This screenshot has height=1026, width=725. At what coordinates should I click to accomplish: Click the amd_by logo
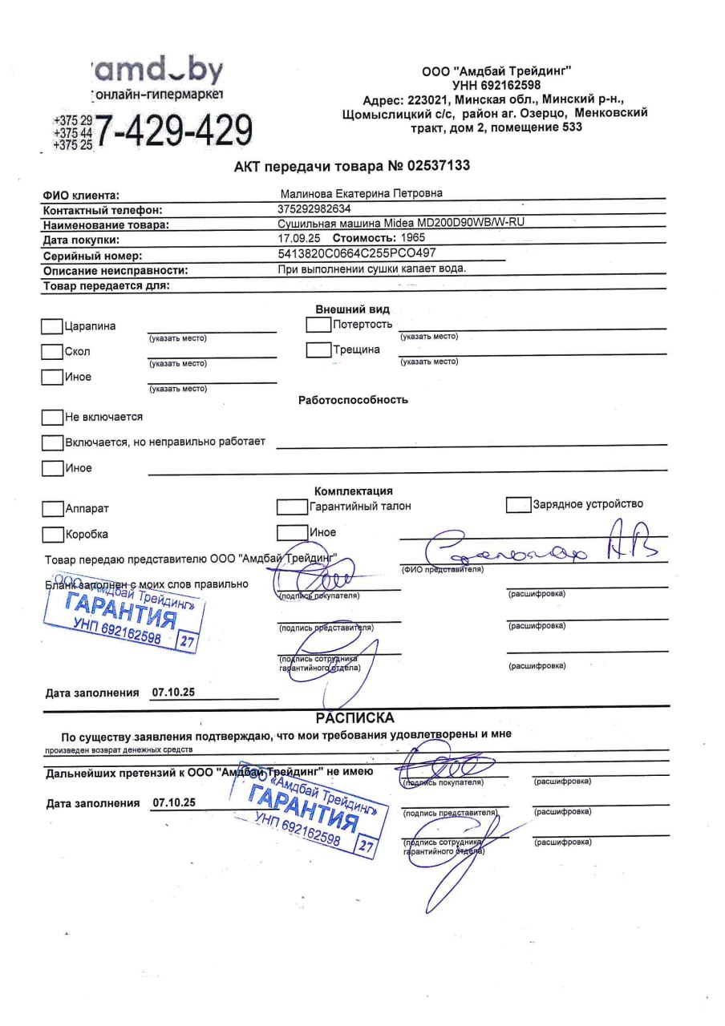coord(159,72)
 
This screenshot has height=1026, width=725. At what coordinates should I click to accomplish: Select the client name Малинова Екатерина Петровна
coord(360,193)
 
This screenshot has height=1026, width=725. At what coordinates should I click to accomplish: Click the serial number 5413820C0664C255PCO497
coord(356,253)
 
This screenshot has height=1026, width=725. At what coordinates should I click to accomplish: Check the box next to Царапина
coord(52,326)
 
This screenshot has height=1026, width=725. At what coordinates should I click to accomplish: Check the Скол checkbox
coord(52,352)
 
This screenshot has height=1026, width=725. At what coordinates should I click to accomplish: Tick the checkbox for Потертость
coord(318,325)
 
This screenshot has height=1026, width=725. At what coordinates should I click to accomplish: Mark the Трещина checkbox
coord(318,350)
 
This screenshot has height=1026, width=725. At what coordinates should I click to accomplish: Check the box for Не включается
coord(52,418)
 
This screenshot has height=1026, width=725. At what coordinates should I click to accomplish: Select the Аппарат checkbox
coord(52,509)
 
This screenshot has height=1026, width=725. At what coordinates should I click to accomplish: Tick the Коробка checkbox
coord(52,535)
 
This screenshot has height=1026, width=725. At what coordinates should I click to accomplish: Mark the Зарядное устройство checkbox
coord(519,505)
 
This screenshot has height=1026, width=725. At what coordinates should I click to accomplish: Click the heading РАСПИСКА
coord(354,718)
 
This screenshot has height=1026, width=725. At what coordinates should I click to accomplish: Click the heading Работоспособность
coord(353,400)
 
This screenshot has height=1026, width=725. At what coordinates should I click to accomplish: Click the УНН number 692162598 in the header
coord(510,84)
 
